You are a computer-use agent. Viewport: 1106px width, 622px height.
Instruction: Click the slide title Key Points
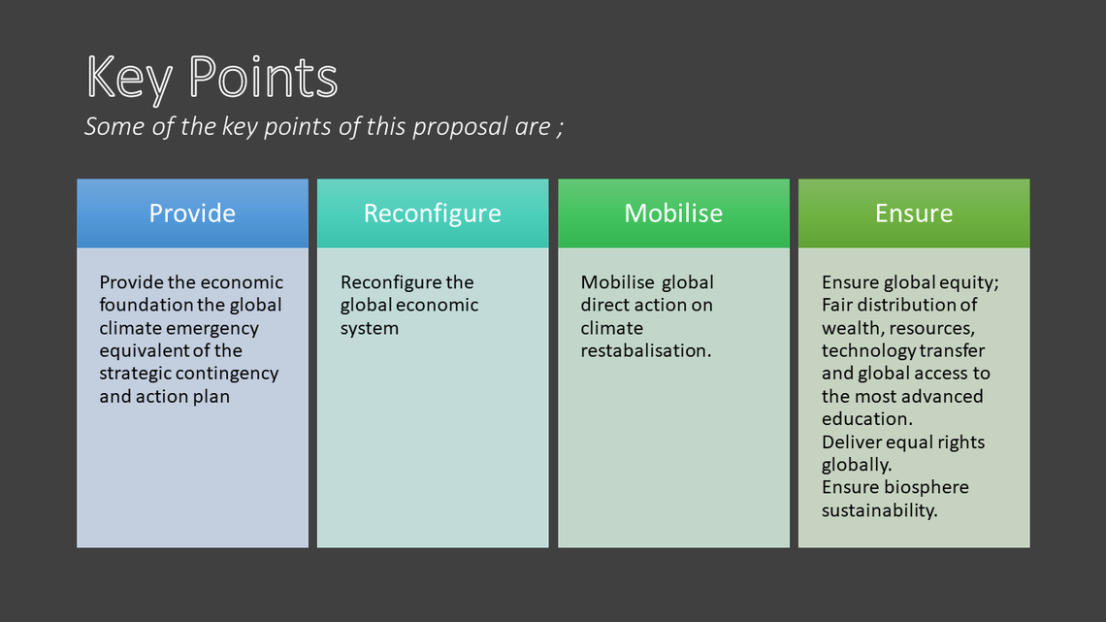pyautogui.click(x=211, y=78)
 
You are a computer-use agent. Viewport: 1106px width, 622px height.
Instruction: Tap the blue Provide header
pyautogui.click(x=192, y=213)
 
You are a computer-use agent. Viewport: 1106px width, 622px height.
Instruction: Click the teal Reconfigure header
pyautogui.click(x=433, y=213)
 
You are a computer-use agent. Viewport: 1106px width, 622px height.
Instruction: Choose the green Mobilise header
pyautogui.click(x=673, y=213)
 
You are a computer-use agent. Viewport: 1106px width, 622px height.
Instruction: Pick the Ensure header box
pyautogui.click(x=914, y=213)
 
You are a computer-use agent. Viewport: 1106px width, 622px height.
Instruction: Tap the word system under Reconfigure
pyautogui.click(x=370, y=329)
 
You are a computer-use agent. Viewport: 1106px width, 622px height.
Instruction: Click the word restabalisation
pyautogui.click(x=646, y=350)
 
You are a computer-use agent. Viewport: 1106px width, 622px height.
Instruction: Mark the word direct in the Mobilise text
pyautogui.click(x=605, y=305)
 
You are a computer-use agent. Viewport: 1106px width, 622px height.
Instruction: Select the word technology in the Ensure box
pyautogui.click(x=860, y=351)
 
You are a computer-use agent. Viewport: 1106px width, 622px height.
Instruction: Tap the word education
pyautogui.click(x=867, y=419)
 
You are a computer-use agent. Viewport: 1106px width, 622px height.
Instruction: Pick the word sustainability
pyautogui.click(x=880, y=510)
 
